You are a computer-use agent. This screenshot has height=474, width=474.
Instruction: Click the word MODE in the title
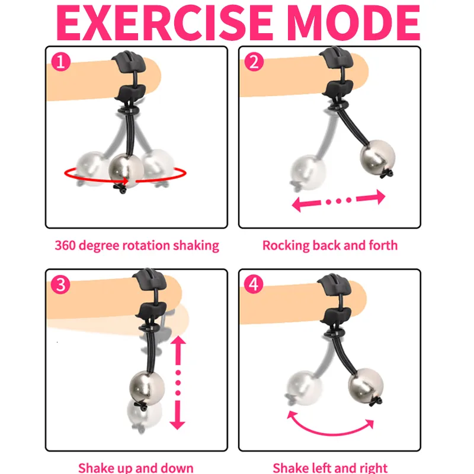pos(353,23)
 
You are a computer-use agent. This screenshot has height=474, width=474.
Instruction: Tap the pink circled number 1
pos(61,62)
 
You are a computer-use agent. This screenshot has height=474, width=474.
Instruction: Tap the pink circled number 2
pos(254,62)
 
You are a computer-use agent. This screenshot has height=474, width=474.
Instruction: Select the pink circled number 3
pos(60,284)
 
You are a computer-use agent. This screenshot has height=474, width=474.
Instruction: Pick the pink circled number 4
pos(254,284)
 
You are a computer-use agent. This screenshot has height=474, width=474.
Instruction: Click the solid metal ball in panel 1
pos(126,171)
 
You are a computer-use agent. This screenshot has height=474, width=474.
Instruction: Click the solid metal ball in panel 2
pos(377,158)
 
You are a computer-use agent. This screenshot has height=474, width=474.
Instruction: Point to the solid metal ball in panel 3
pos(147,388)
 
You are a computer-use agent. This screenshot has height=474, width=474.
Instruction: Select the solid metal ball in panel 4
pos(366,386)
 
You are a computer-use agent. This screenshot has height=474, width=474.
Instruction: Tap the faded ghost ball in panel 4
pos(305,388)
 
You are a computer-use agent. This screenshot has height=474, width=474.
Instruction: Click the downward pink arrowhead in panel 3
pos(177,423)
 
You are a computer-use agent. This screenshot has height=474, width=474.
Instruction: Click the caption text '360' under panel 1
pos(65,245)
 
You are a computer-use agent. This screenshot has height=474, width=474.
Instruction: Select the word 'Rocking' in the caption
pos(286,246)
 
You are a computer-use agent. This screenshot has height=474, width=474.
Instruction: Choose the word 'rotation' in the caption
pos(146,245)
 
